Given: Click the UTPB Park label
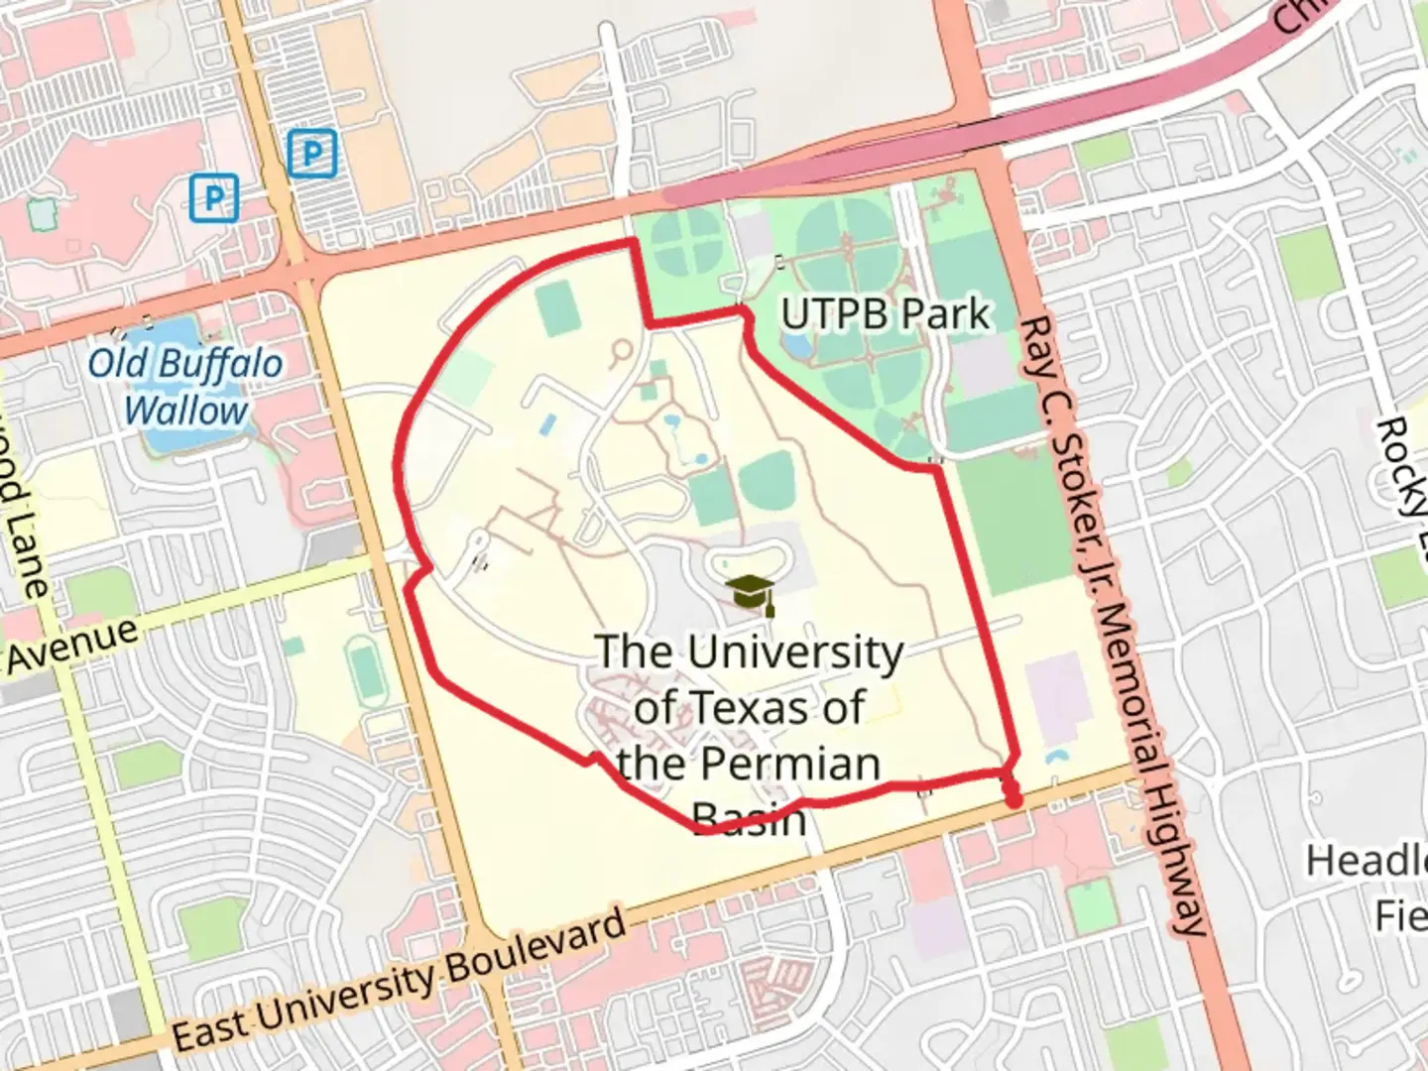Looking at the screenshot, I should (885, 314).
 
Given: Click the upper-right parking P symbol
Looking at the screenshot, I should (312, 154).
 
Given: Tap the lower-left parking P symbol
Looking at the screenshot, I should (214, 197).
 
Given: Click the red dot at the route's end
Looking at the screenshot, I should (1012, 799).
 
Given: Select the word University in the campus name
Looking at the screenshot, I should (795, 653).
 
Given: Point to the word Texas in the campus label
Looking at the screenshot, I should (750, 708).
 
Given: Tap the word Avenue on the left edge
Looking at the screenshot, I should (71, 645).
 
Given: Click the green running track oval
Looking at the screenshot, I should (368, 670).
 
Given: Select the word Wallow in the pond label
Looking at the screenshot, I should (186, 411).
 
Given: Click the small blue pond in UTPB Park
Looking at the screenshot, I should (794, 344).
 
